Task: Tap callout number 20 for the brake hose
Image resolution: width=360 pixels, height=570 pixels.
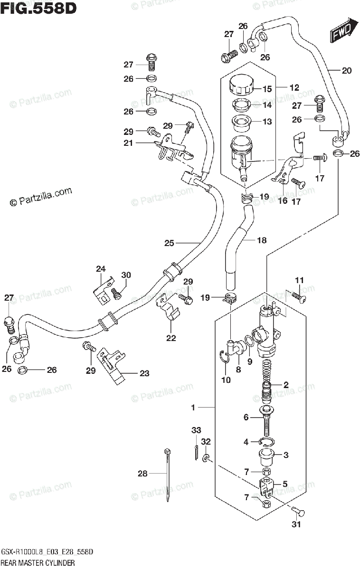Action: coord(346,71)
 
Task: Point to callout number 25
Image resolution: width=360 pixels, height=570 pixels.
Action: coord(170,243)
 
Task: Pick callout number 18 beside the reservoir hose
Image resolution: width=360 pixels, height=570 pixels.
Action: coord(262,240)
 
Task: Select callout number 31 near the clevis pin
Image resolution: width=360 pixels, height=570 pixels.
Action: coord(296,524)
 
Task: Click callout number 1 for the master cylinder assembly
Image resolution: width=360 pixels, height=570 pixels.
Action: coord(193,408)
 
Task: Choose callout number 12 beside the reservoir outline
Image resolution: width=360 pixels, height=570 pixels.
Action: coord(294,87)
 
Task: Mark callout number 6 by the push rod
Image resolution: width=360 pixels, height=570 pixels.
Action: coord(246,418)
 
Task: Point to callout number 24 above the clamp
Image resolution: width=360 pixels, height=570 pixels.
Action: coord(100,269)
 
